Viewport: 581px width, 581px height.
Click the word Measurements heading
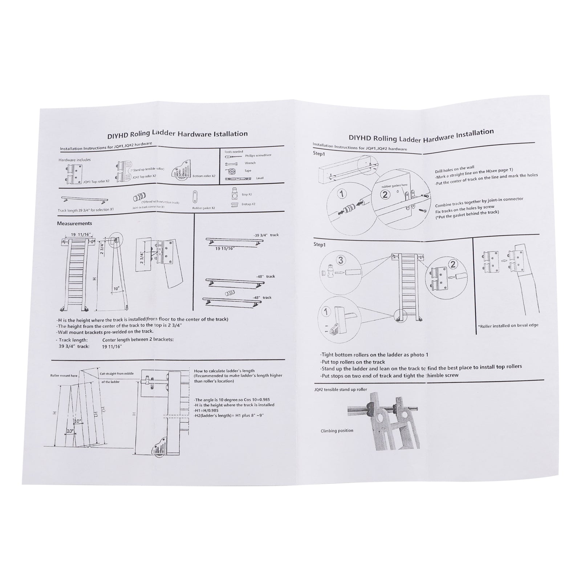[x=74, y=223]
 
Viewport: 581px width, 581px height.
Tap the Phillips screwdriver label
[x=258, y=155]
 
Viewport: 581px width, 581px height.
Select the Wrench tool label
[x=250, y=163]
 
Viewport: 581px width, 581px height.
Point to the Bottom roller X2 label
[x=204, y=176]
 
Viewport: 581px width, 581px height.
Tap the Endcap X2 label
[x=248, y=204]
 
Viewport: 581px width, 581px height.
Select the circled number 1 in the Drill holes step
[x=342, y=194]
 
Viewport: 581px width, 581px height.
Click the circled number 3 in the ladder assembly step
[x=340, y=260]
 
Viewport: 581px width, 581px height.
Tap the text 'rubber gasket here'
[x=395, y=186]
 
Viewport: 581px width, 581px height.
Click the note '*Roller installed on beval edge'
[x=508, y=325]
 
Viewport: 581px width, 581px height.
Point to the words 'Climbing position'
[x=337, y=431]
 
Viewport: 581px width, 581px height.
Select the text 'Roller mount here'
[x=64, y=376]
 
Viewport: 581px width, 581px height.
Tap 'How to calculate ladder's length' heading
[x=224, y=371]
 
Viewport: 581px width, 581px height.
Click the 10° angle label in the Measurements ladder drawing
[x=116, y=289]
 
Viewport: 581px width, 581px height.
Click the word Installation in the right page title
[x=474, y=133]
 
